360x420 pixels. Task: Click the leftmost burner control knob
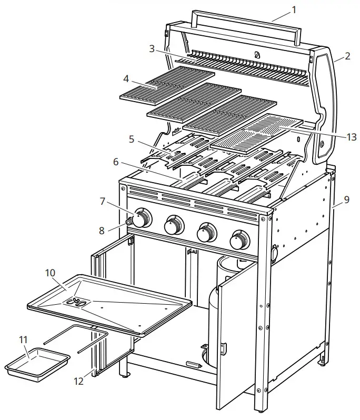click(143, 217)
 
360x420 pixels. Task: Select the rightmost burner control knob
click(240, 241)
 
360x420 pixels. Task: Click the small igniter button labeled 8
click(128, 223)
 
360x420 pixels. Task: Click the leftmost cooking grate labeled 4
click(167, 84)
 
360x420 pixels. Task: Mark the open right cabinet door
click(237, 342)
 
